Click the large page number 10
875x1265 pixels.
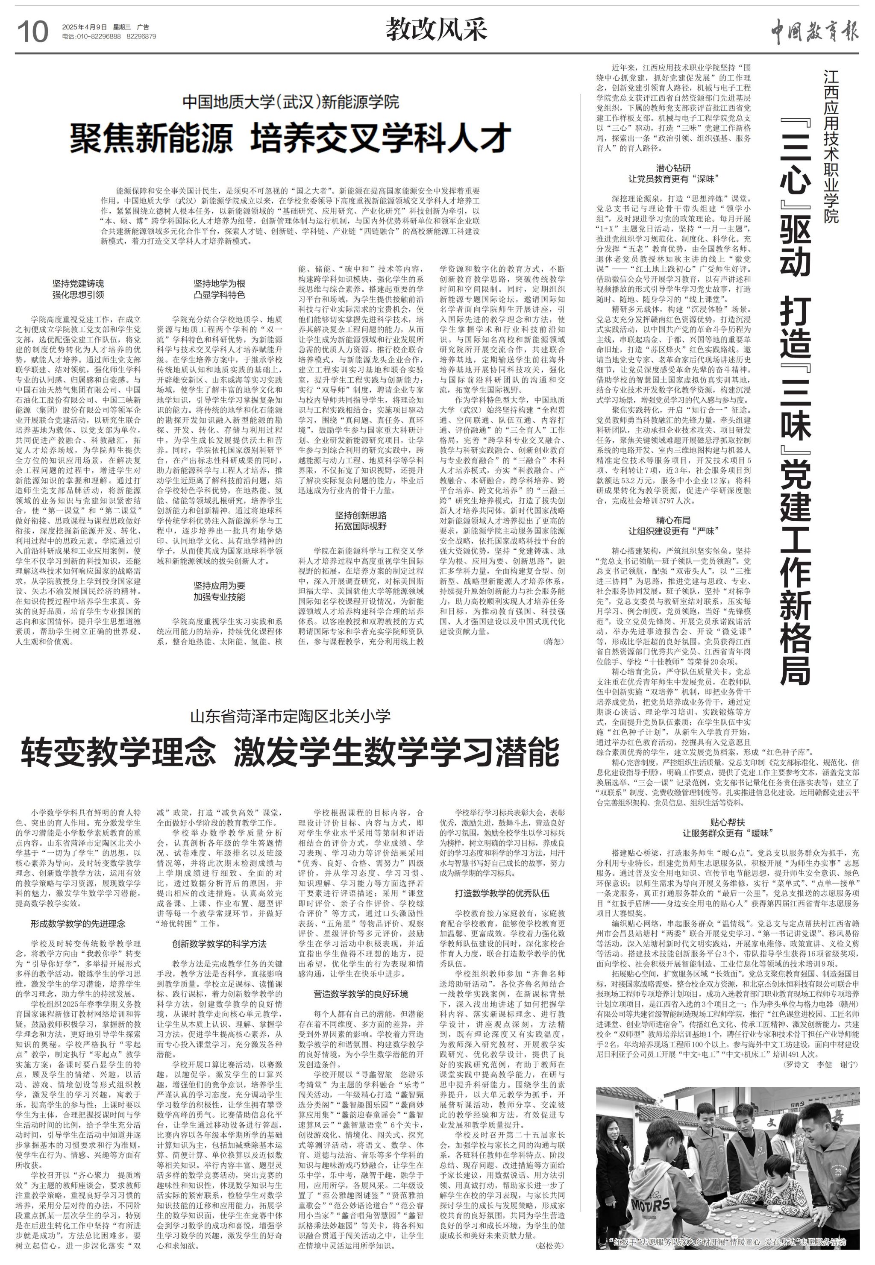click(33, 31)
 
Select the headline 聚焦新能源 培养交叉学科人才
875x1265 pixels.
click(290, 139)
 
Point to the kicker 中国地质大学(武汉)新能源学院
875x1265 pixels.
click(291, 102)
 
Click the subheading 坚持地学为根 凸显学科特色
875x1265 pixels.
click(219, 289)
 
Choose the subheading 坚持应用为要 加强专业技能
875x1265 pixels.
click(219, 591)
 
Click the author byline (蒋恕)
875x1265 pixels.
click(552, 641)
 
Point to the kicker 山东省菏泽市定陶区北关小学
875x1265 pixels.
click(290, 716)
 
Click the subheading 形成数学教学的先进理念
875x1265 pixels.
click(78, 924)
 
